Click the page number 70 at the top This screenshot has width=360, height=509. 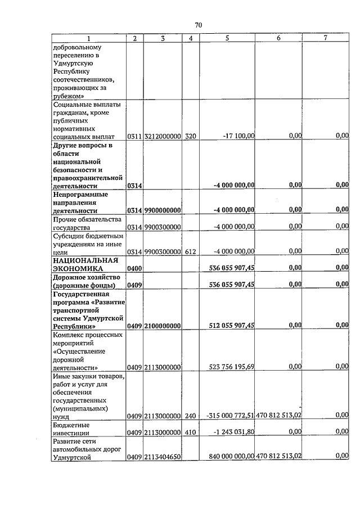tap(198, 25)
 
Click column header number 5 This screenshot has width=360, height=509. tap(227, 38)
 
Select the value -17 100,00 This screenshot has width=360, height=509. tap(238, 136)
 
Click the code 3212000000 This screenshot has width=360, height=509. tap(162, 136)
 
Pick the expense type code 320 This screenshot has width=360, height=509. tap(191, 136)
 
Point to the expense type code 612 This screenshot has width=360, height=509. tap(191, 251)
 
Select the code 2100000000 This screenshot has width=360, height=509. tap(162, 326)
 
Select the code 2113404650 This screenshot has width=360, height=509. tap(162, 457)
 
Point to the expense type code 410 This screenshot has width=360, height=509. tap(191, 432)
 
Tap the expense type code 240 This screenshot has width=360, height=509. tap(191, 416)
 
